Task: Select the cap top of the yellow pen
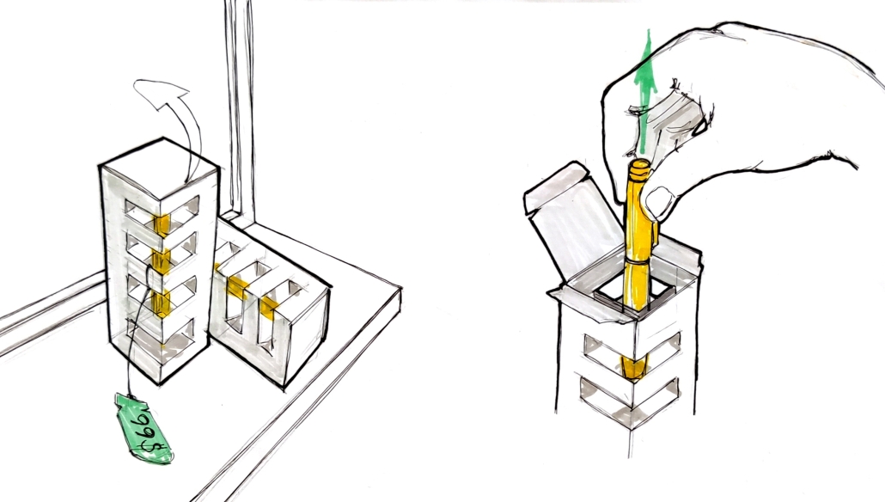click(x=640, y=166)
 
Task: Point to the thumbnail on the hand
click(x=658, y=201)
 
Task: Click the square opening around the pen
click(x=635, y=295)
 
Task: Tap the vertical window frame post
click(x=240, y=107)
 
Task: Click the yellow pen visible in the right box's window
click(x=632, y=366)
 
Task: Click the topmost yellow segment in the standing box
click(x=162, y=224)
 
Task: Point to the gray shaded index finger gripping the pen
click(x=668, y=121)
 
